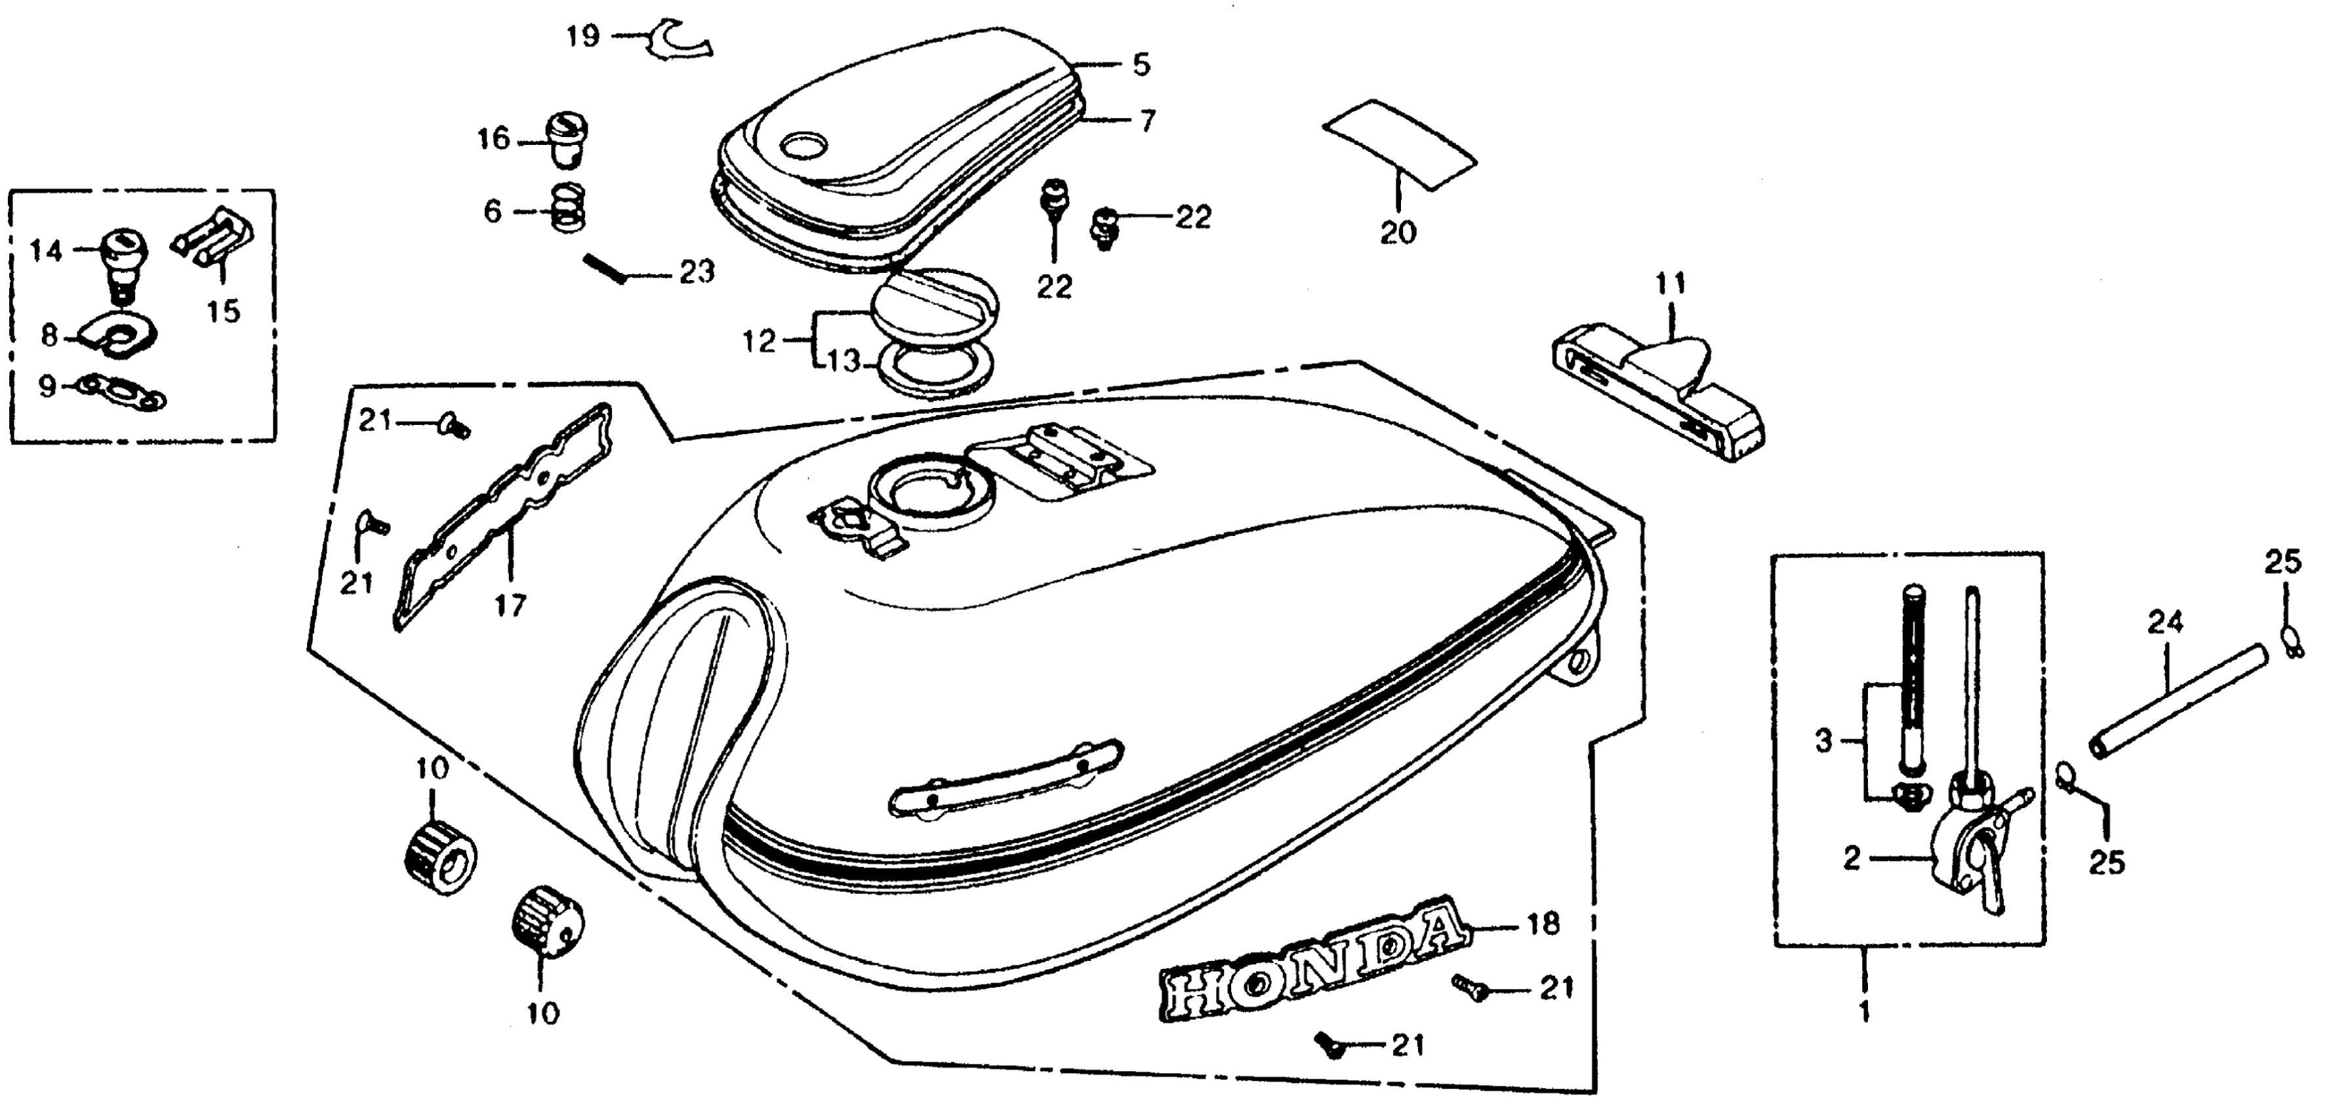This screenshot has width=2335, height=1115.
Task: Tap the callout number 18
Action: pos(1544,925)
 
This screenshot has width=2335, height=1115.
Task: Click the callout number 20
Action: pos(1397,233)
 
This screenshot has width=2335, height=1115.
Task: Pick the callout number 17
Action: pos(510,605)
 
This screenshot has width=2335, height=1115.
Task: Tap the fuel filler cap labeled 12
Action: pos(933,309)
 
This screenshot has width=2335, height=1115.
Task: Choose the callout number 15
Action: pos(223,311)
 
